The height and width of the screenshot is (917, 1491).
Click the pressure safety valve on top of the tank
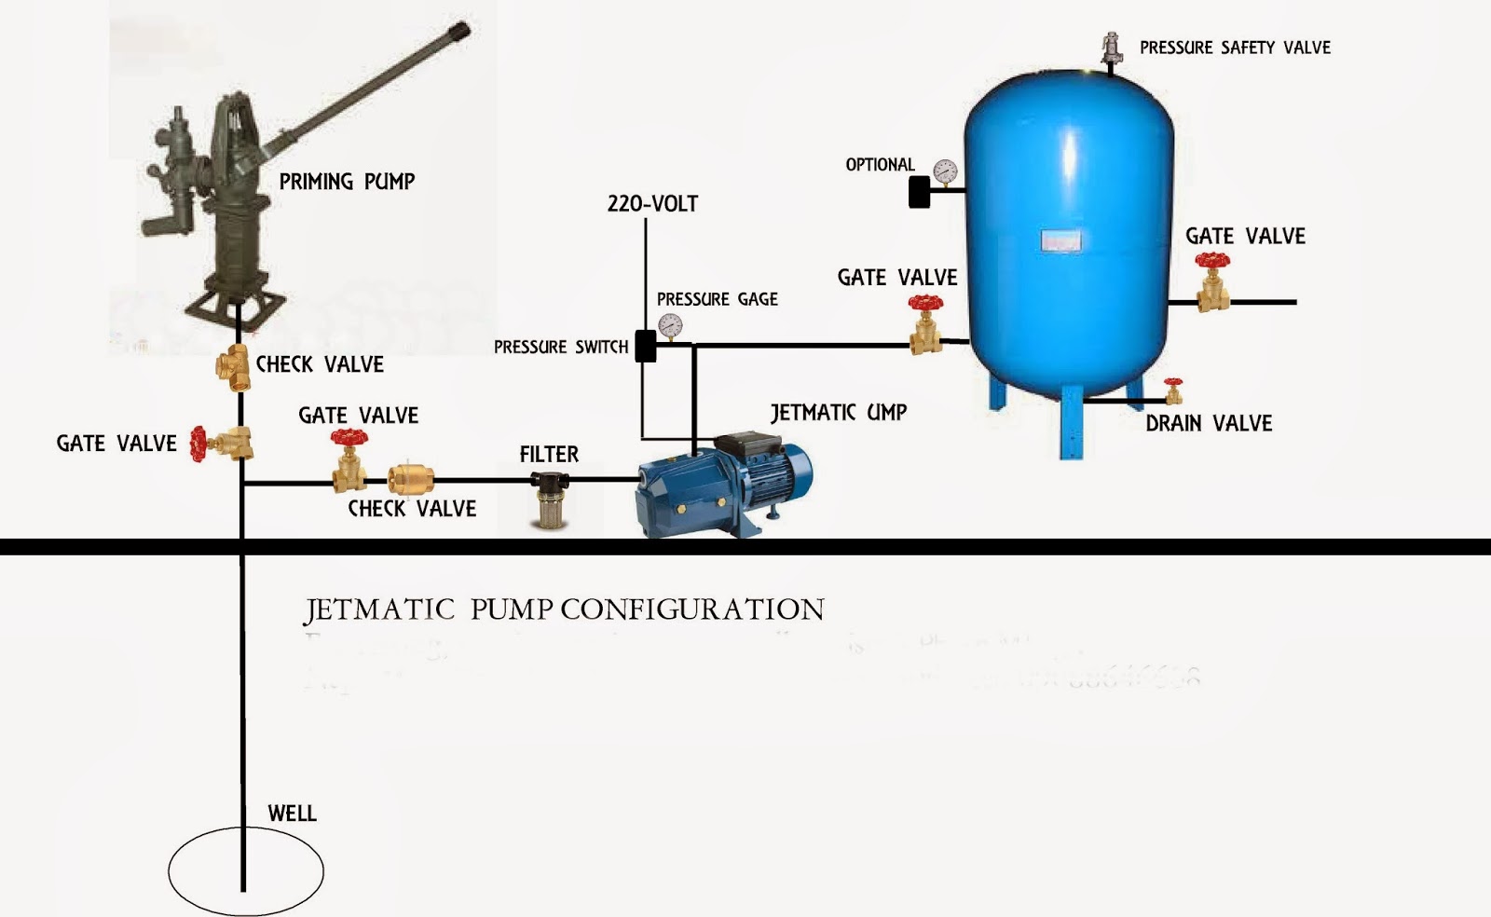(x=1110, y=48)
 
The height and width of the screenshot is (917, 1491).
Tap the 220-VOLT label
(x=652, y=204)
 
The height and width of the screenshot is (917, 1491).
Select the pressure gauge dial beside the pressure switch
(x=669, y=325)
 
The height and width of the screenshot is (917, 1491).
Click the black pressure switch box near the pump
(x=645, y=346)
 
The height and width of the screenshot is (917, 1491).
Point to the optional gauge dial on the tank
(x=945, y=171)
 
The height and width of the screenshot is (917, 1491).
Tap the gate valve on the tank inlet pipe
(x=925, y=325)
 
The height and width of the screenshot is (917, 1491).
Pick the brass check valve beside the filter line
(x=404, y=480)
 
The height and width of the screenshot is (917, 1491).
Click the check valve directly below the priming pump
(x=232, y=363)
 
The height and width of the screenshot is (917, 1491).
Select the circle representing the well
(x=246, y=870)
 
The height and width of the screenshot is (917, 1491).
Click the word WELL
(x=292, y=814)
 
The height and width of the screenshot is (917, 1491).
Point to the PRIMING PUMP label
(x=347, y=182)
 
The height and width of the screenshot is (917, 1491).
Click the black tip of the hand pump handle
(x=458, y=33)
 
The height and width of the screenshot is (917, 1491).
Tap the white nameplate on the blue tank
(x=1060, y=242)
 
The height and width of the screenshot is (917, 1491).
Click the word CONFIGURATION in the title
(x=692, y=609)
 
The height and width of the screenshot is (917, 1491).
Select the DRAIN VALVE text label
(x=1208, y=424)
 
